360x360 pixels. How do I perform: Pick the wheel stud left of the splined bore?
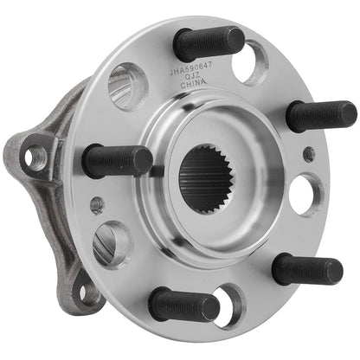pos(118,160)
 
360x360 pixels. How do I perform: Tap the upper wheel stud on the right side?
pos(320,115)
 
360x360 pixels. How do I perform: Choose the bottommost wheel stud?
pos(184,304)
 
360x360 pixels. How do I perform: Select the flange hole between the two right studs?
pos(306,194)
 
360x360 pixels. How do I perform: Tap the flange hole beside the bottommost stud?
pos(228,305)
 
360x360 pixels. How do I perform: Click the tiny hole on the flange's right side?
pos(308,154)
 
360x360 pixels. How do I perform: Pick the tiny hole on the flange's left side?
pos(97,205)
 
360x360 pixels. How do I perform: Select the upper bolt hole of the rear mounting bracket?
pos(36,157)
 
